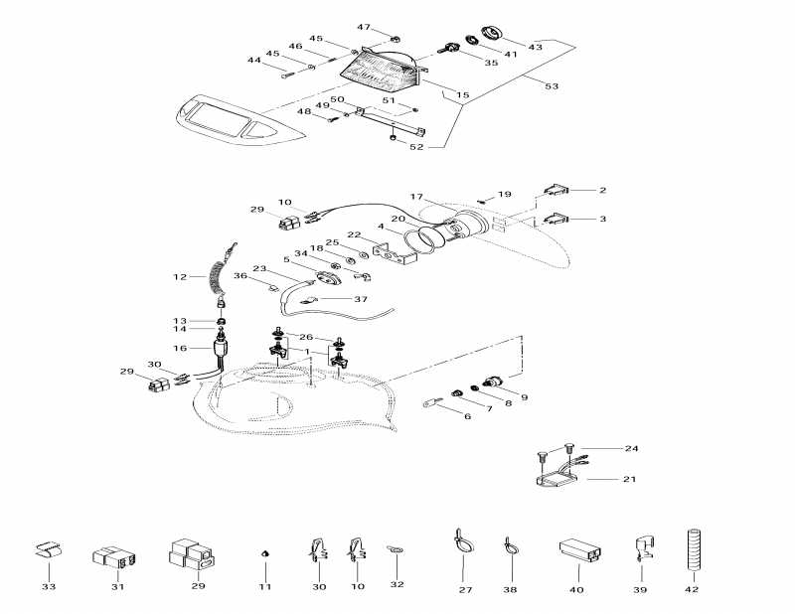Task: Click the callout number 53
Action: (x=552, y=87)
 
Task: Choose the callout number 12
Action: (x=180, y=276)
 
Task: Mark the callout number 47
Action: (x=364, y=27)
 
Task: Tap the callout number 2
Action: (x=602, y=190)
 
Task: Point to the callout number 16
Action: (x=180, y=349)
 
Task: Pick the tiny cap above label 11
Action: (x=265, y=552)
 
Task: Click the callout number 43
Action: (x=535, y=47)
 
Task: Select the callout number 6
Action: (x=467, y=416)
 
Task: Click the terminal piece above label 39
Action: (x=641, y=549)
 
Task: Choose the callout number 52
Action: (x=415, y=147)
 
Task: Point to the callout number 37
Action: (x=360, y=298)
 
